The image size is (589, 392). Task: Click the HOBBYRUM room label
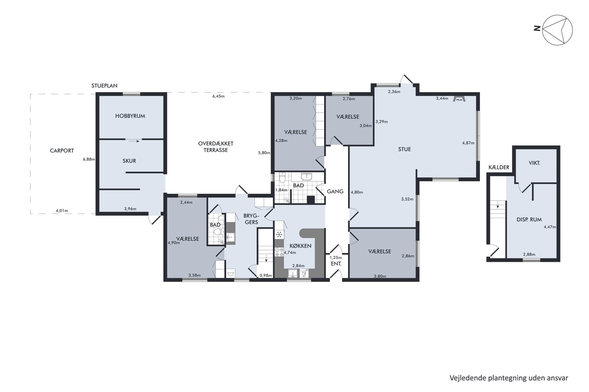(130, 116)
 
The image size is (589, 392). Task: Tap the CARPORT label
(62, 151)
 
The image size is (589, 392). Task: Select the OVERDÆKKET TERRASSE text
(216, 147)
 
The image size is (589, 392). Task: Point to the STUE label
(404, 149)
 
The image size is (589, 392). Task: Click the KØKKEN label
(300, 246)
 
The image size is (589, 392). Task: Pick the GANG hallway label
(335, 191)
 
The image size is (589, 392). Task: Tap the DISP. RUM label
(529, 220)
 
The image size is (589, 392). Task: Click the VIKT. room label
(534, 163)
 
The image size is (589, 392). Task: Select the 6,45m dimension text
(218, 96)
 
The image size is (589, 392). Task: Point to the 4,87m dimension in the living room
(468, 143)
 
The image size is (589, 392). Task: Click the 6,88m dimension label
(89, 159)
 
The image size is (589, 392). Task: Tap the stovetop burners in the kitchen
(279, 252)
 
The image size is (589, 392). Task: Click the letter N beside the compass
(537, 28)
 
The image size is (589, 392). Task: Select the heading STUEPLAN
(104, 86)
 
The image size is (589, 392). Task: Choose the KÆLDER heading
(499, 168)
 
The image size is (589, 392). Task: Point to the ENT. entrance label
(336, 264)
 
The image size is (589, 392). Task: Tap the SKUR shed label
(129, 161)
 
